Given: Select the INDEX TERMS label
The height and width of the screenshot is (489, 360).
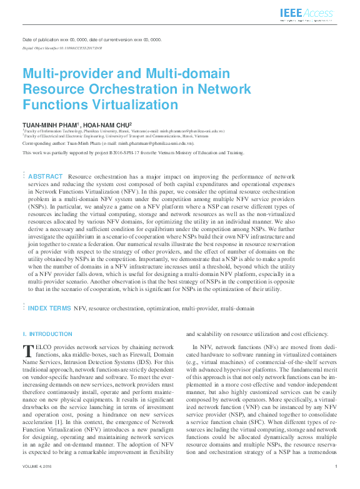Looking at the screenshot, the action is pyautogui.click(x=49, y=309).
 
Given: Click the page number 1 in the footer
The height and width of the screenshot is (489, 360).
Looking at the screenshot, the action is pyautogui.click(x=336, y=484).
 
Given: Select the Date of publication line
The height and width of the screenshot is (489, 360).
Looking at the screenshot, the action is pyautogui.click(x=92, y=39).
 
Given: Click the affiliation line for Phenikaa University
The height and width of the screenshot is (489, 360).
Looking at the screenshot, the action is pyautogui.click(x=124, y=131).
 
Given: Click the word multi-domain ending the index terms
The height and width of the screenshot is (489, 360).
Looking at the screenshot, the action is pyautogui.click(x=237, y=309).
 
